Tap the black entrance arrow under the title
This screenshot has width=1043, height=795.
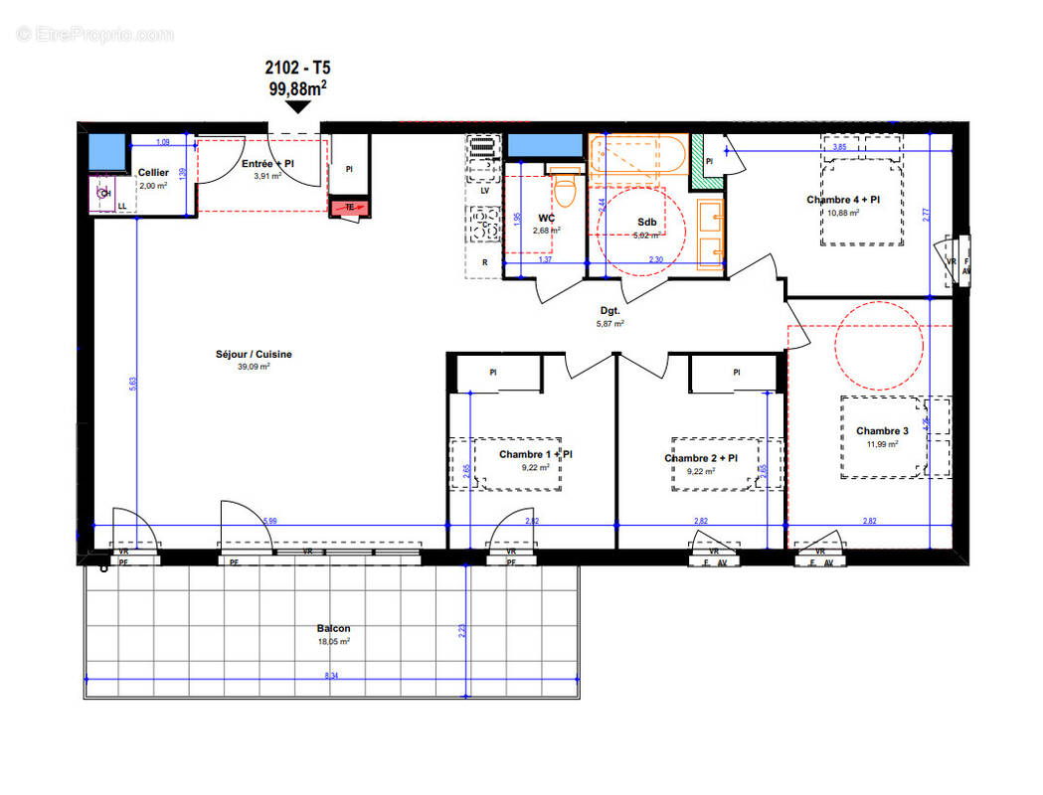click(x=296, y=109)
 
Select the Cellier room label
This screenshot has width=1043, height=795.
click(x=153, y=173)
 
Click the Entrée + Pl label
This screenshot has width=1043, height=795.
click(x=267, y=164)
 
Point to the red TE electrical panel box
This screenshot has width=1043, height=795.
click(x=349, y=208)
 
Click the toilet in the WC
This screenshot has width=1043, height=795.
click(x=566, y=185)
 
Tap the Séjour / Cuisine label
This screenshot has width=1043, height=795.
click(x=255, y=354)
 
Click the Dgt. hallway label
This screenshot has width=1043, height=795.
click(x=608, y=311)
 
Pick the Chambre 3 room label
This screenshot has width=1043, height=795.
click(x=882, y=431)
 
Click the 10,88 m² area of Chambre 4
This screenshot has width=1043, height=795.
click(x=842, y=213)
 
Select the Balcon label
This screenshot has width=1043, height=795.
click(x=333, y=628)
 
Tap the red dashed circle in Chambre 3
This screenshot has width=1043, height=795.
click(x=878, y=346)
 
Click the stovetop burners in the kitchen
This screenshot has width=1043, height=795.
click(x=484, y=225)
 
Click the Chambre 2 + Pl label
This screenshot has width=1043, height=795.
click(x=701, y=458)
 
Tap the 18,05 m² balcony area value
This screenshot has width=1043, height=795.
click(x=333, y=642)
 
